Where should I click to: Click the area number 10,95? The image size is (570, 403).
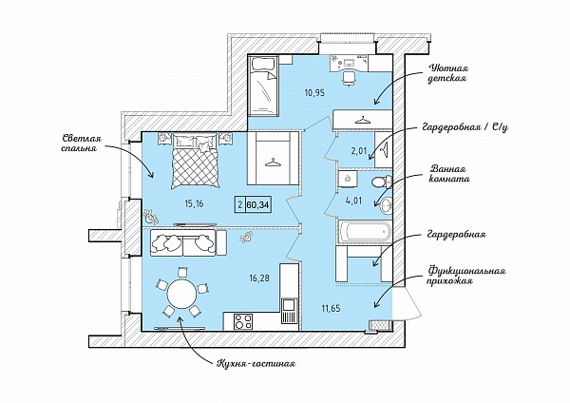click(x=314, y=93)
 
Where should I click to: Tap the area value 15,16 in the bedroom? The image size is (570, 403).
click(x=194, y=203)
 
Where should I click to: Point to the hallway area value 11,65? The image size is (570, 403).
click(x=331, y=309)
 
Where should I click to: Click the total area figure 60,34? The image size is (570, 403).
click(x=257, y=204)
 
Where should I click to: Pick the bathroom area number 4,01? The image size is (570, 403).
click(x=354, y=201)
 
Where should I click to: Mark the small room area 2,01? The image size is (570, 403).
click(x=359, y=151)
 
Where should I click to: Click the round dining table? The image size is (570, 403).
click(x=182, y=293)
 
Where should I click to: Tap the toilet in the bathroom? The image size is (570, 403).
click(x=381, y=182)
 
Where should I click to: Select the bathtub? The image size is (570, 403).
click(x=365, y=231)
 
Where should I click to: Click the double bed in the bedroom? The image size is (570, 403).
click(x=196, y=161)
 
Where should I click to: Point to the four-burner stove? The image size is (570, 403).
click(x=243, y=321)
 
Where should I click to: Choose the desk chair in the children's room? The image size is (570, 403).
click(x=349, y=78)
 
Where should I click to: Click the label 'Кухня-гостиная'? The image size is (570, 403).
click(x=256, y=363)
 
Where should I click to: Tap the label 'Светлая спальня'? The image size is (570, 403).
click(x=82, y=144)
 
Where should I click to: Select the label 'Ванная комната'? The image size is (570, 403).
click(x=449, y=174)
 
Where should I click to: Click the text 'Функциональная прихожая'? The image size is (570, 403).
click(x=466, y=276)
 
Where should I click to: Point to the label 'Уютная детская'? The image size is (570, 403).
click(x=449, y=73)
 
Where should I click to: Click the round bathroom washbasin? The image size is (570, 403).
click(x=386, y=206)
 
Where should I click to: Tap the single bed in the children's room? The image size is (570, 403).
click(x=263, y=86)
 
